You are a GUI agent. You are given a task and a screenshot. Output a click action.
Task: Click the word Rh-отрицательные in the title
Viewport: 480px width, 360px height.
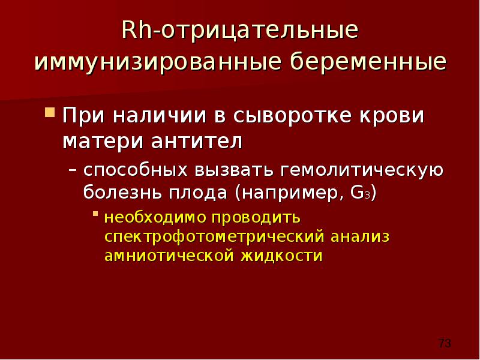click(x=239, y=31)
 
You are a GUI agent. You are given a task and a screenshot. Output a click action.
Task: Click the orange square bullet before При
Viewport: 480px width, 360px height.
click(x=50, y=112)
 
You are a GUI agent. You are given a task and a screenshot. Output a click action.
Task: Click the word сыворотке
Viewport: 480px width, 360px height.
click(x=292, y=116)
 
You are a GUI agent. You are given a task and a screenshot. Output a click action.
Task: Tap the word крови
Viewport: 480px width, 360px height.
click(x=392, y=116)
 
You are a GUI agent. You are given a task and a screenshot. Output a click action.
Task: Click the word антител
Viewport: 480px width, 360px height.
click(x=197, y=141)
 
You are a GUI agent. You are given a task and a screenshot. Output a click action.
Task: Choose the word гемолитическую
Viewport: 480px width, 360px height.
click(x=362, y=170)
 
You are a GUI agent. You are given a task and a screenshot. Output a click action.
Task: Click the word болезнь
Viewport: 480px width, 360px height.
click(x=122, y=193)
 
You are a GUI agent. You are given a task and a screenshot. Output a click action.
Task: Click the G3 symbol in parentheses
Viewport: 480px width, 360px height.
click(x=361, y=193)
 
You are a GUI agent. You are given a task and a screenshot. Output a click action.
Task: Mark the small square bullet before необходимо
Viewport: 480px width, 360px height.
click(x=95, y=214)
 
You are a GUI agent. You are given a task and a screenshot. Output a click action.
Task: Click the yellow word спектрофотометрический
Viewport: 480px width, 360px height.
click(x=214, y=237)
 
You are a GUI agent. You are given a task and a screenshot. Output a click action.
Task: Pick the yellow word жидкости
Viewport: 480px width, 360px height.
click(x=281, y=256)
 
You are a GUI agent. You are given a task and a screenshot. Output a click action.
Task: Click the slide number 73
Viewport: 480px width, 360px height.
click(x=445, y=343)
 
